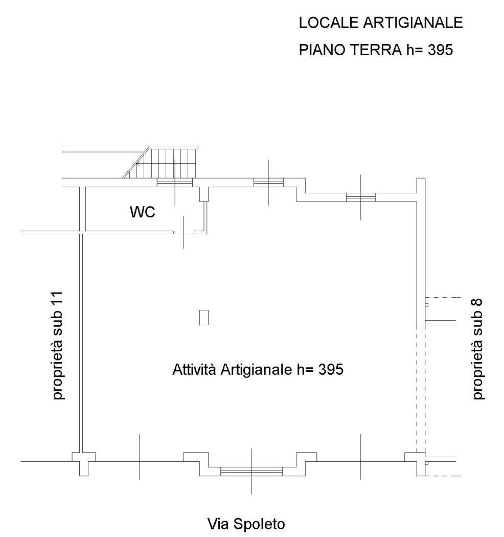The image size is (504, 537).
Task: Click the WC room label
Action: pyautogui.click(x=143, y=212)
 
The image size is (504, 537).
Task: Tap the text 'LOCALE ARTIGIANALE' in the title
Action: pyautogui.click(x=381, y=23)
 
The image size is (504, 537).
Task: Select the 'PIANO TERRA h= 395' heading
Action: pyautogui.click(x=376, y=50)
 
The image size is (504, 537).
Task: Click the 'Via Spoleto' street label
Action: pyautogui.click(x=246, y=524)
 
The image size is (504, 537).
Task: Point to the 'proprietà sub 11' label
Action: pyautogui.click(x=57, y=345)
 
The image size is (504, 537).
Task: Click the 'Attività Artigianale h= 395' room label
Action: pyautogui.click(x=258, y=369)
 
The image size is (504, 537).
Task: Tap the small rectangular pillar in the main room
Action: pyautogui.click(x=204, y=317)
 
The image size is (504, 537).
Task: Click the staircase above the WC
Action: pyautogui.click(x=161, y=162)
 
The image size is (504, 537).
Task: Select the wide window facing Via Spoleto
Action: pyautogui.click(x=251, y=472)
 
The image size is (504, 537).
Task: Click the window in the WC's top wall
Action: pyautogui.click(x=175, y=183)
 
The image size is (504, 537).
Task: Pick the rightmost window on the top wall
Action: pyautogui.click(x=360, y=197)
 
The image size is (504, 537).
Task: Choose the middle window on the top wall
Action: pyautogui.click(x=268, y=183)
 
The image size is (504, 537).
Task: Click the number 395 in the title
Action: pyautogui.click(x=440, y=50)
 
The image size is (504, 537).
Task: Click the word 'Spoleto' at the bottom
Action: pyautogui.click(x=260, y=525)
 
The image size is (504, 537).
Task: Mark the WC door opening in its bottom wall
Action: pyautogui.click(x=184, y=233)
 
